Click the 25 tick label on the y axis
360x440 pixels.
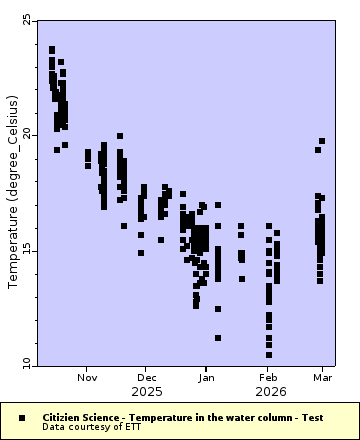26,20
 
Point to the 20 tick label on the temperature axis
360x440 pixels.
26,135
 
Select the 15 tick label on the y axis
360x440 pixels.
26,250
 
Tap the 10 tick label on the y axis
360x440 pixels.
26,364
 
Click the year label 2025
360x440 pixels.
147,391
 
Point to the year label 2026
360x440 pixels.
268,391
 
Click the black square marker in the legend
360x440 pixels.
21,416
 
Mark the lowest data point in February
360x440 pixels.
268,354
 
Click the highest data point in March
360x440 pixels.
322,141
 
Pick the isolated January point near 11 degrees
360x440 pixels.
218,338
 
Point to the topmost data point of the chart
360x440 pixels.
52,49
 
